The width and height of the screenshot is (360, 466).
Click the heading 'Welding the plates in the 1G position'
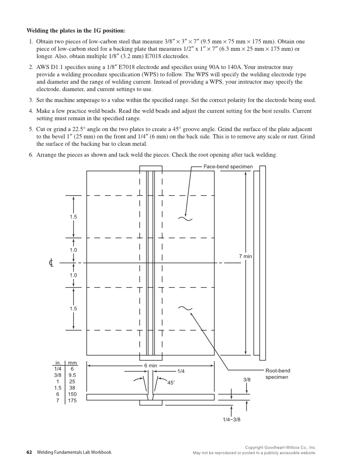pos(76,31)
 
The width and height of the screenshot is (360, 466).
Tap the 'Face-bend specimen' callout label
pos(228,166)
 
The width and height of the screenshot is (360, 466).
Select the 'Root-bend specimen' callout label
pos(278,374)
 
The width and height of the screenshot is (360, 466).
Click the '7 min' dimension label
pos(245,256)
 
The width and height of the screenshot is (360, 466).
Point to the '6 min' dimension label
pos(150,365)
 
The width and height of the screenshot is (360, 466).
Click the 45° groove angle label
pos(171,383)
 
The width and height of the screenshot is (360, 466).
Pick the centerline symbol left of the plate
pos(51,263)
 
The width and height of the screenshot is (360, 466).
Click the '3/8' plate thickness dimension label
pos(247,380)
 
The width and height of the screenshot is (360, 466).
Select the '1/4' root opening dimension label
pos(181,371)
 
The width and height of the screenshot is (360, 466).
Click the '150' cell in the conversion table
pos(72,394)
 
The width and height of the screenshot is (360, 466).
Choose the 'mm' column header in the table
pos(72,363)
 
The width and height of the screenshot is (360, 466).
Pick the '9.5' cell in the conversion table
pos(72,375)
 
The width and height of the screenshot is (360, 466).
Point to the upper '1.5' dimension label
pos(73,216)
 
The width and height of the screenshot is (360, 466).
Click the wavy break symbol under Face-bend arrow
pos(185,219)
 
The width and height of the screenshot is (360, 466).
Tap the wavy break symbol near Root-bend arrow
pos(185,308)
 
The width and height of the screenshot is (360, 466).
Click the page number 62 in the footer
pos(29,452)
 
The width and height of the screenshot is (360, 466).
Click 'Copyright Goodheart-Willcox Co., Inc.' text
pos(281,447)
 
